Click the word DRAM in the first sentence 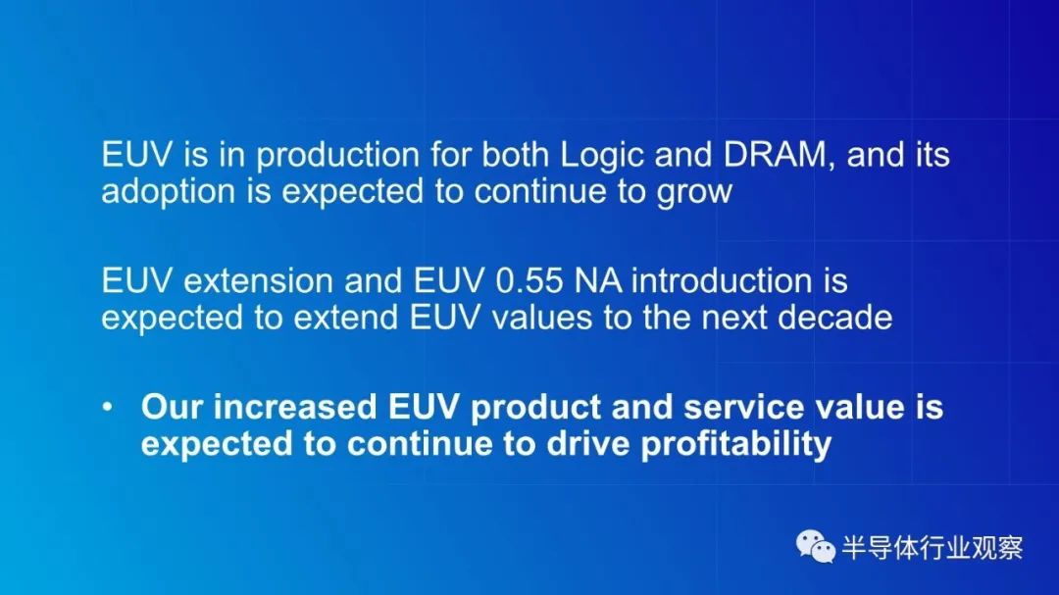[x=775, y=155]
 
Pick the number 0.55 [x=529, y=281]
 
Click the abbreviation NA [x=598, y=281]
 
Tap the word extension [x=259, y=281]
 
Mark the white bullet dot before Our [x=108, y=407]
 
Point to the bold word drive [x=587, y=444]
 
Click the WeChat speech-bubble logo [x=815, y=546]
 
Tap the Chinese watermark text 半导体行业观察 [x=933, y=548]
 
